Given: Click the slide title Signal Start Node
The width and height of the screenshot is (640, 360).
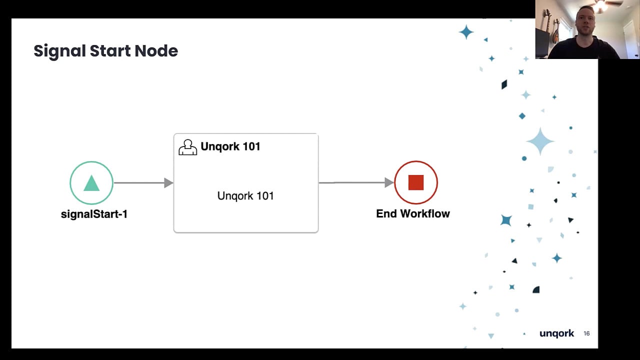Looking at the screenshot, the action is coord(105,51).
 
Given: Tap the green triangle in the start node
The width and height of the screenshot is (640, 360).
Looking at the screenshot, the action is coord(91,183).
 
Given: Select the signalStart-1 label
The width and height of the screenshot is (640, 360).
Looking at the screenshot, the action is coord(94,214).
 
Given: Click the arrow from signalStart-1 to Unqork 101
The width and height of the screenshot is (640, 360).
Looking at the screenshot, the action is coord(143,183).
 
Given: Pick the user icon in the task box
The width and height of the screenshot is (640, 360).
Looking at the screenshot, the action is coord(187,147).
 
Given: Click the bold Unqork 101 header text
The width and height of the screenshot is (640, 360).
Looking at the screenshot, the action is coord(230,146).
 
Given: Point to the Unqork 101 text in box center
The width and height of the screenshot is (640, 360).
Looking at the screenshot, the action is coord(245,196).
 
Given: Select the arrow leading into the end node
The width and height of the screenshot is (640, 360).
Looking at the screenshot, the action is coord(356,182).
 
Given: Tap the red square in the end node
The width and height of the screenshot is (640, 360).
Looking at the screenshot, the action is coord(416,182).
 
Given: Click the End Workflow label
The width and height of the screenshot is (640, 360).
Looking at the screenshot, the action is coord(413,213).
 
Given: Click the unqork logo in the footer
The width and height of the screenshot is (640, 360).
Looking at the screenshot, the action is coord(556,333).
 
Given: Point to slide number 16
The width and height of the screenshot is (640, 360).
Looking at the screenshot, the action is coord(586,333).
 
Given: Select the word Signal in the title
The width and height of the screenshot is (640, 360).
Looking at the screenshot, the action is coord(59,51).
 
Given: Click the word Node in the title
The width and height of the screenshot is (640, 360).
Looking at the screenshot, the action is coord(156,51).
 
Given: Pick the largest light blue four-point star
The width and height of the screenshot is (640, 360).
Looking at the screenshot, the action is coord(540,141).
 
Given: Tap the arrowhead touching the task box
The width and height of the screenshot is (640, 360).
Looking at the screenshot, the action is coord(169,183).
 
